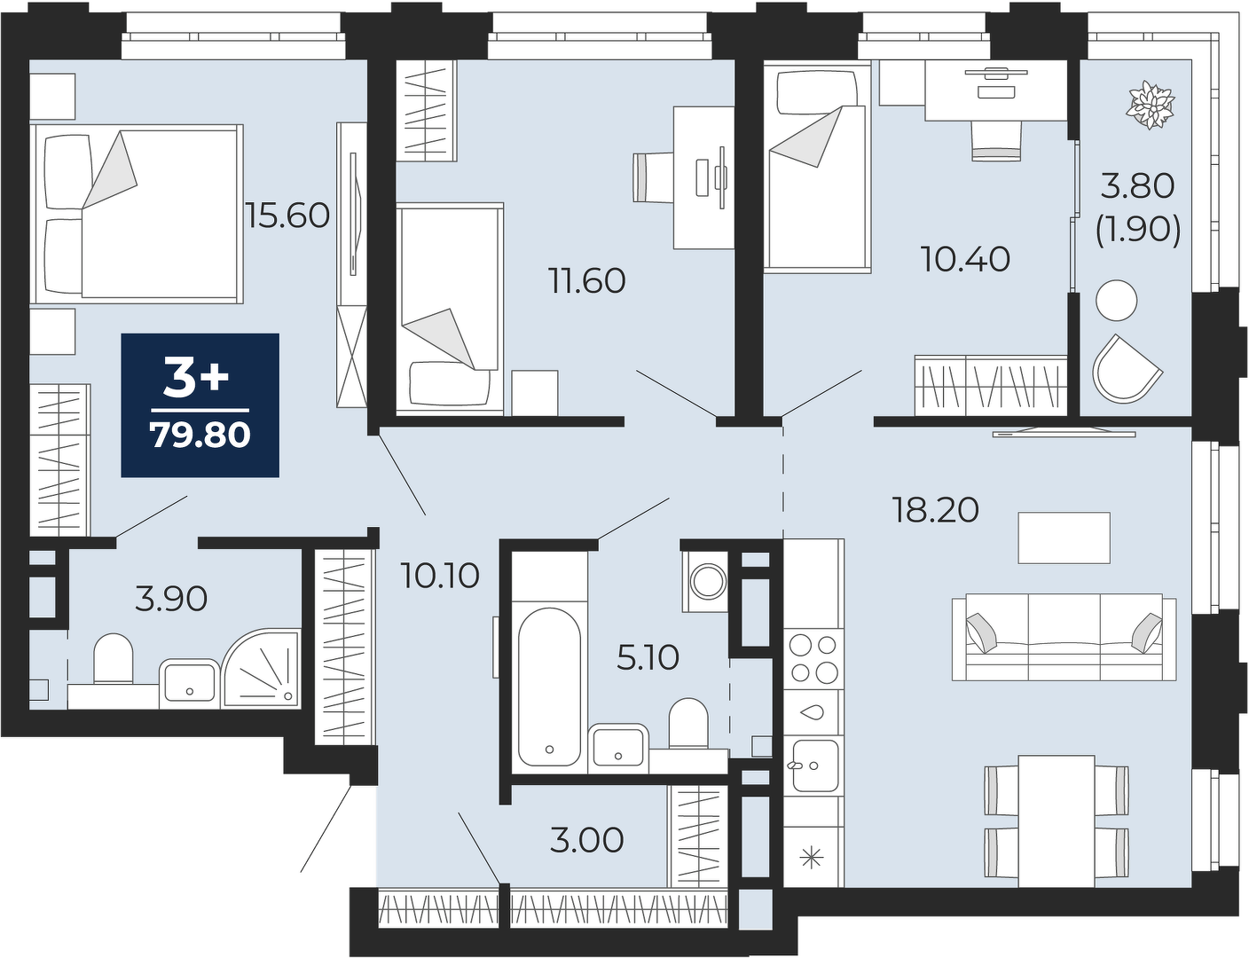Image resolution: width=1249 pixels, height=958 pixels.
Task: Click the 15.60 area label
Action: click(x=287, y=216)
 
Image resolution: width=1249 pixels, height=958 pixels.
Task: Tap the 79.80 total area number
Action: click(x=200, y=435)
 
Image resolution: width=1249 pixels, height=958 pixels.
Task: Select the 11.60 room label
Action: click(x=587, y=281)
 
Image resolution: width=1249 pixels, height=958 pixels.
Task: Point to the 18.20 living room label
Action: click(x=935, y=509)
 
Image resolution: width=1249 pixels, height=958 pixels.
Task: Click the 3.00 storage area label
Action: click(x=587, y=840)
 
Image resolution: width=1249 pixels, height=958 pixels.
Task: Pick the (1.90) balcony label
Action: click(x=1138, y=231)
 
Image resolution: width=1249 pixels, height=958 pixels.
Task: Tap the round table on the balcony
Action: click(x=1116, y=301)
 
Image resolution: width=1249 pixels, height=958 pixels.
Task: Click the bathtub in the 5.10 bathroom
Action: click(x=549, y=687)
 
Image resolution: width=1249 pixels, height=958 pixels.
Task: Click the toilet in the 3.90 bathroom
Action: click(x=114, y=659)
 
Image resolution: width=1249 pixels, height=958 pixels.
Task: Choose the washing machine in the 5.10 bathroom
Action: click(x=704, y=581)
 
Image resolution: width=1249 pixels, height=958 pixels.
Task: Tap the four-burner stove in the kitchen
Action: click(x=813, y=658)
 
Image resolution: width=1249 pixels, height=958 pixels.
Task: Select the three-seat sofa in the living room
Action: click(x=1064, y=637)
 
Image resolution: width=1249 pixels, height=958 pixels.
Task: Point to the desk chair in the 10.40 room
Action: click(x=997, y=141)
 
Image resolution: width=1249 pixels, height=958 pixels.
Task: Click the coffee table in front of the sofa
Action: click(x=1064, y=538)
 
